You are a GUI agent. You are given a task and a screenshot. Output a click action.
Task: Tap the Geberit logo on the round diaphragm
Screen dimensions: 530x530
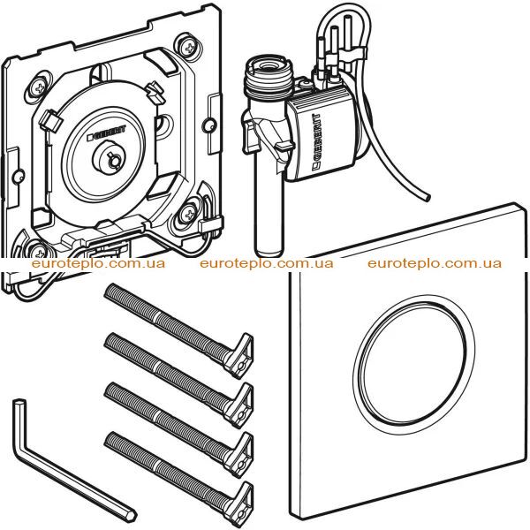107,132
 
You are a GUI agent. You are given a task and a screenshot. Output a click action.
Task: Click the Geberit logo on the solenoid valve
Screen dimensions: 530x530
317,140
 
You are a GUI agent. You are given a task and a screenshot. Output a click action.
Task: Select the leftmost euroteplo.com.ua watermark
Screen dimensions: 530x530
98,263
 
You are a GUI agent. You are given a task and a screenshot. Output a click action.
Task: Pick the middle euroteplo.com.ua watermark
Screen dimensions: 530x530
267,263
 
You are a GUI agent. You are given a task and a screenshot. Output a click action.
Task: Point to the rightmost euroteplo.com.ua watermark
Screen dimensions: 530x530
435,263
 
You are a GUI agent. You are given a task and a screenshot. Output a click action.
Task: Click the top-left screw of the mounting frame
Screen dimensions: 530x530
40,88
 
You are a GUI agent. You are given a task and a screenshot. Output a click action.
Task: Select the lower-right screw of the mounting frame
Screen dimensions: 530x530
188,214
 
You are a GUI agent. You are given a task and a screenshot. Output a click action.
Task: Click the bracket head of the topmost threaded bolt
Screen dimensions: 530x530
238,355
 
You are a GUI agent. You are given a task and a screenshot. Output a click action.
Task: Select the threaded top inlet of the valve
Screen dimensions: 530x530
268,77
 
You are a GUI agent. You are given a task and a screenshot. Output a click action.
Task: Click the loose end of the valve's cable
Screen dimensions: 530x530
428,198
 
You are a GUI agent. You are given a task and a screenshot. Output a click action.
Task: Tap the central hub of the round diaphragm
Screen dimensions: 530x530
109,157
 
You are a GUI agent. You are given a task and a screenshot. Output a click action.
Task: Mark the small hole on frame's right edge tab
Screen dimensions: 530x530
208,125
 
